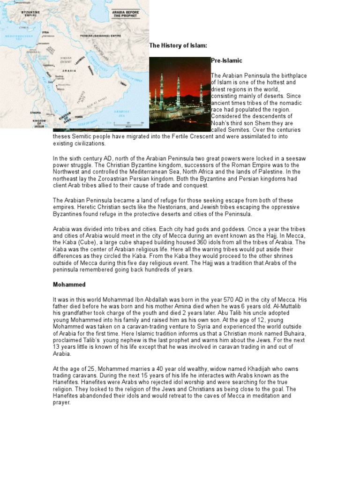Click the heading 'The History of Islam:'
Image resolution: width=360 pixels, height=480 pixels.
pos(178,45)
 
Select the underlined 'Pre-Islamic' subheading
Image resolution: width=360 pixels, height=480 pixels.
pos(226,61)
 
